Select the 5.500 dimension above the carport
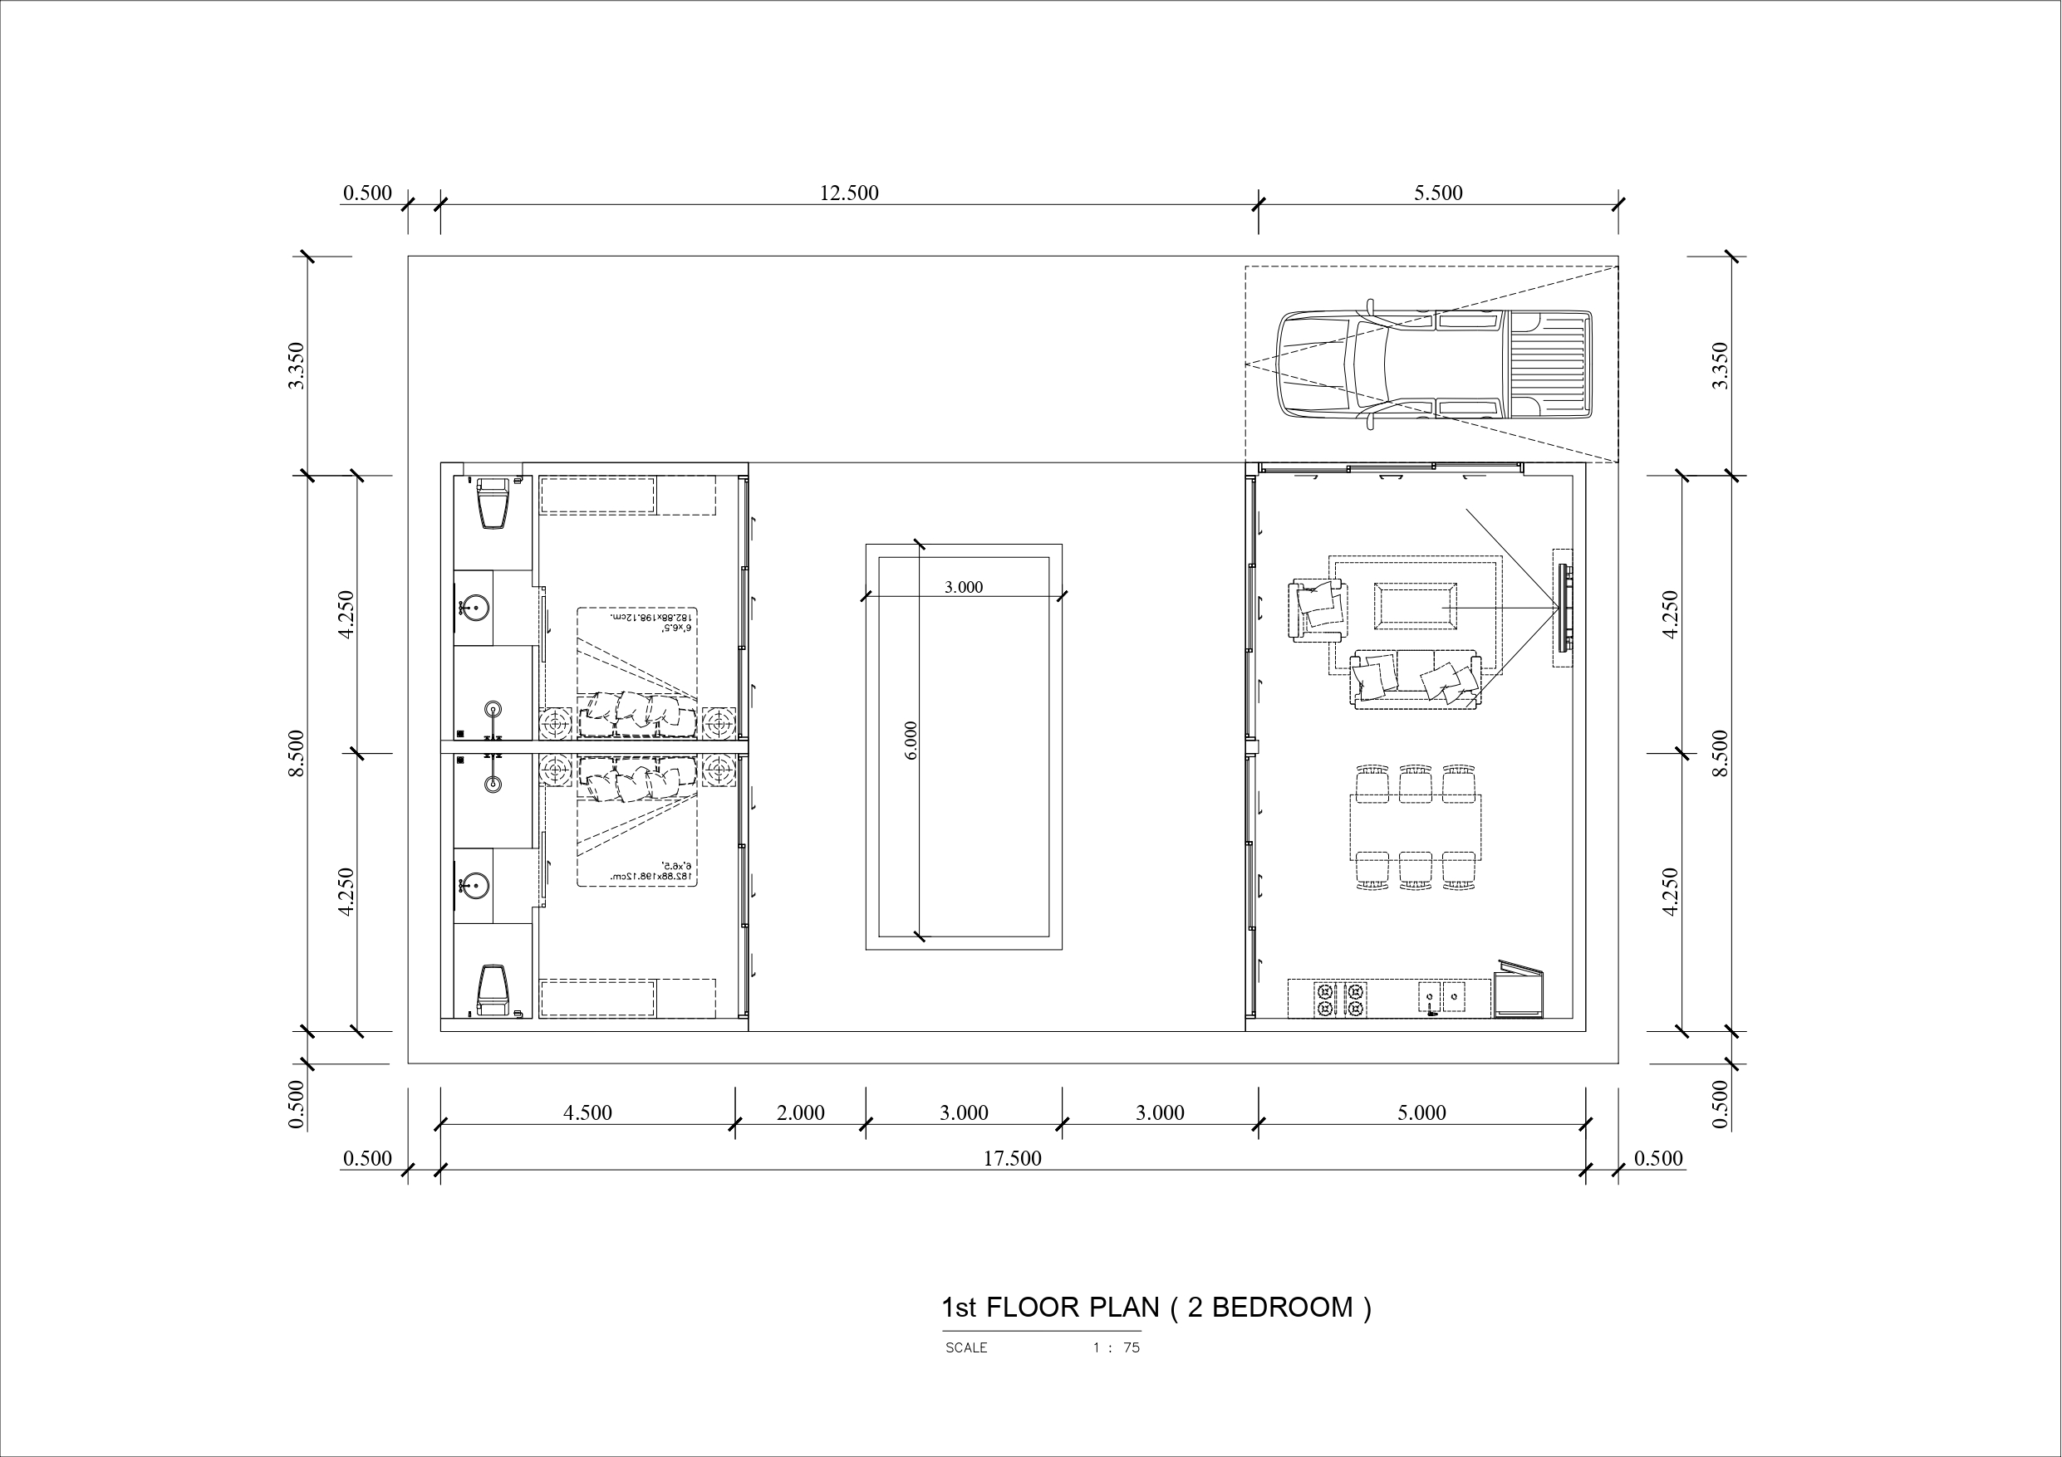pyautogui.click(x=1438, y=193)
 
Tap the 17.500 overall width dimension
pyautogui.click(x=1011, y=1159)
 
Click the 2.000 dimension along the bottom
pyautogui.click(x=799, y=1113)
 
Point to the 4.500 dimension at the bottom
pyautogui.click(x=587, y=1113)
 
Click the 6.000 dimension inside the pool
pyautogui.click(x=911, y=741)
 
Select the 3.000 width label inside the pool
pyautogui.click(x=963, y=587)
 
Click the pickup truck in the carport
pyautogui.click(x=1434, y=364)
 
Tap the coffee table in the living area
pyautogui.click(x=1416, y=604)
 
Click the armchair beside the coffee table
pyautogui.click(x=1318, y=609)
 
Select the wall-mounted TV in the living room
pyautogui.click(x=1564, y=608)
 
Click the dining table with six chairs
pyautogui.click(x=1415, y=827)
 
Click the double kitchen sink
pyautogui.click(x=1441, y=996)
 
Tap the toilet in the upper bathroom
pyautogui.click(x=492, y=503)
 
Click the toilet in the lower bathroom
pyautogui.click(x=492, y=991)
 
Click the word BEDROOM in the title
pyautogui.click(x=1282, y=1308)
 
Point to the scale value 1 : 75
pyautogui.click(x=1116, y=1347)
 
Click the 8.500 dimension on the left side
pyautogui.click(x=297, y=753)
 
